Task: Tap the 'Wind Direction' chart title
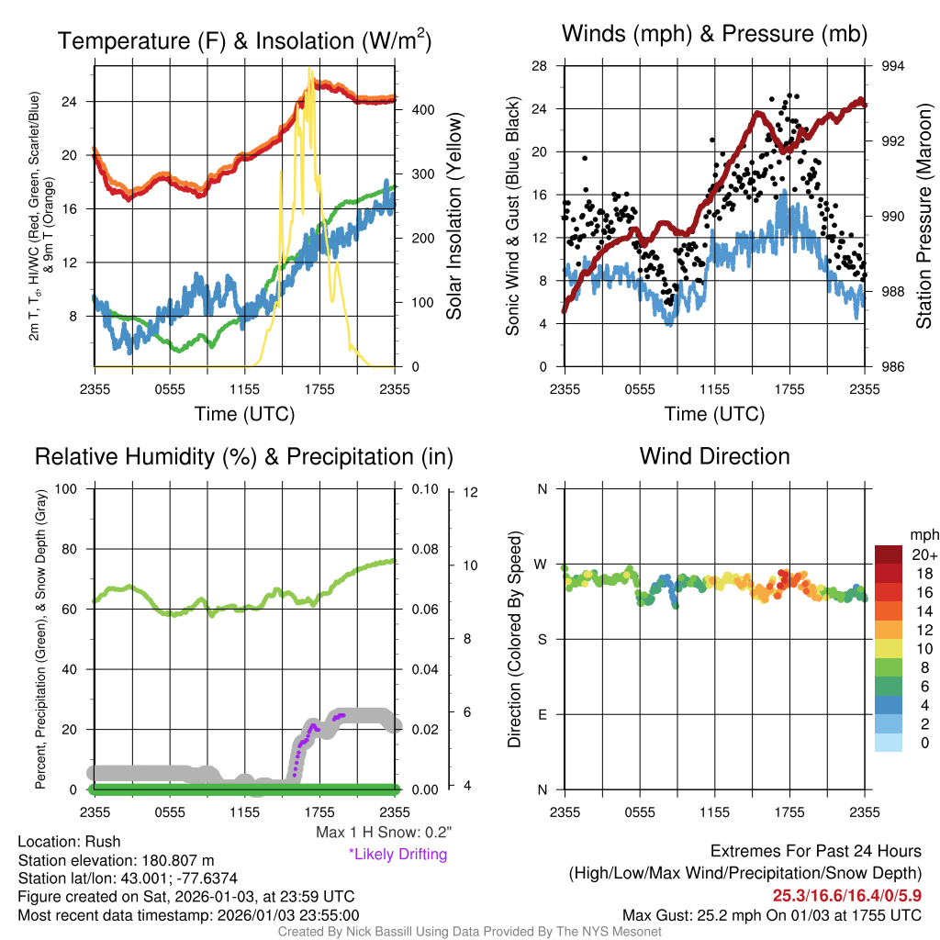click(714, 456)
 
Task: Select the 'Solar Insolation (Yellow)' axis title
click(454, 217)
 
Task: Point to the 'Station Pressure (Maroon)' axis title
click(923, 217)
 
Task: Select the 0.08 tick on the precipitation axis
click(424, 549)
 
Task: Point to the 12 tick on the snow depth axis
click(472, 493)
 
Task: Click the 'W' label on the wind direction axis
click(542, 564)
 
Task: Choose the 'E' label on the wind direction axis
click(543, 714)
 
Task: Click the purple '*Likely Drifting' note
click(397, 855)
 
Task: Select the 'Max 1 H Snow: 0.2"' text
click(384, 833)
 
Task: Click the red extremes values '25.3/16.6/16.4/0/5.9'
click(846, 896)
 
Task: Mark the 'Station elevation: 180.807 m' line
click(116, 860)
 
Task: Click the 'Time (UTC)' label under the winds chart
click(714, 414)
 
